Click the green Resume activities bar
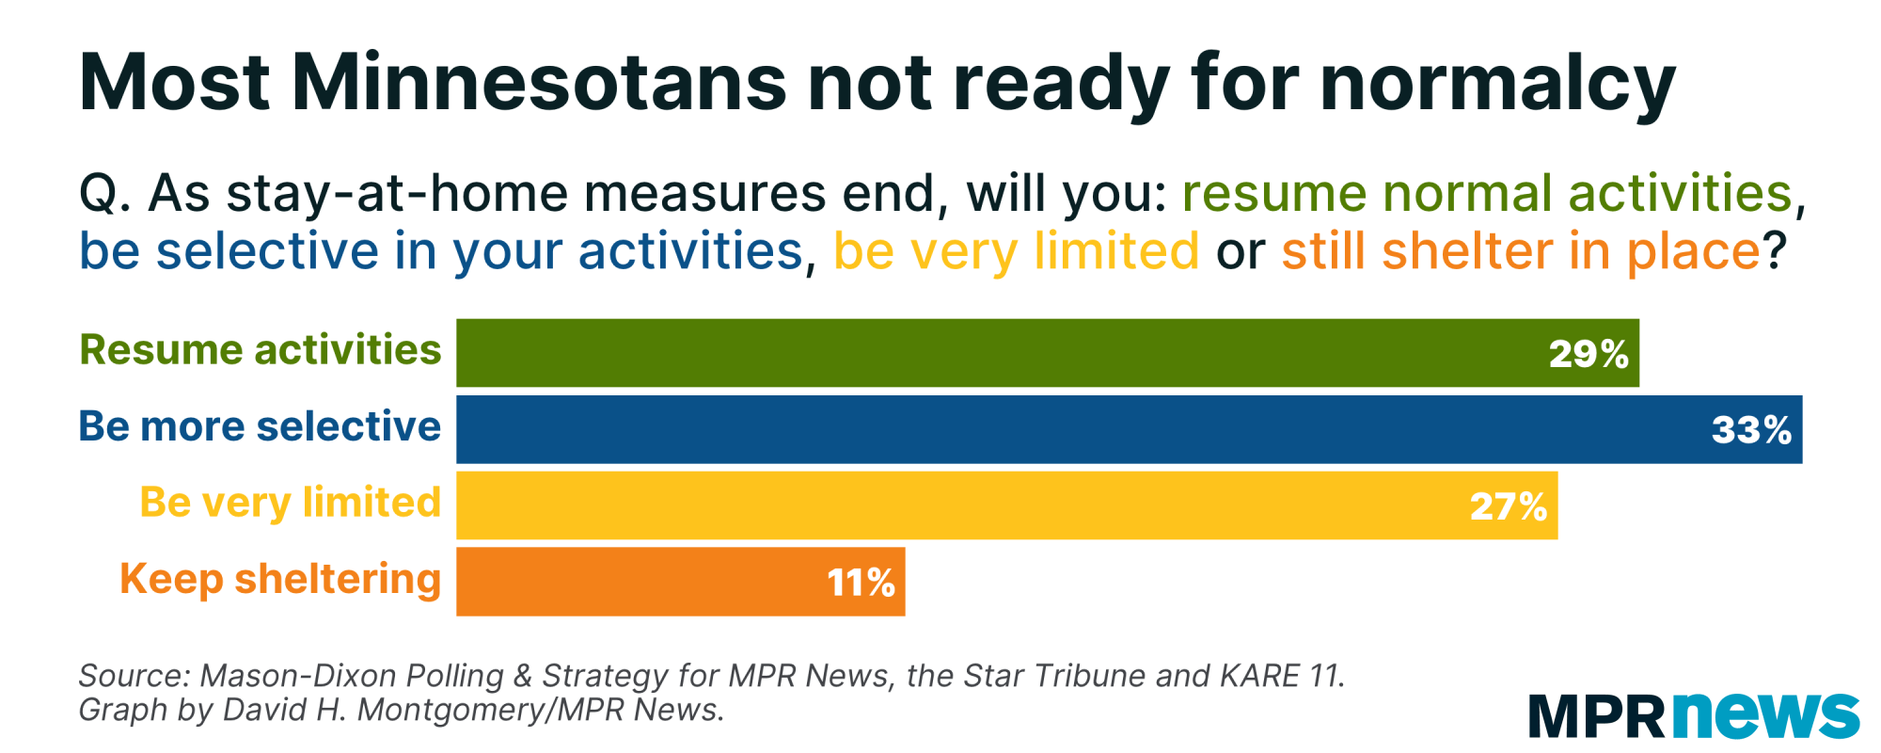click(x=1048, y=353)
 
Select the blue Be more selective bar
click(x=1130, y=429)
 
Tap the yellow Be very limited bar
click(x=1007, y=505)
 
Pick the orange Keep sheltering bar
click(x=681, y=582)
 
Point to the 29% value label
click(x=1589, y=354)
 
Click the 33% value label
click(x=1751, y=430)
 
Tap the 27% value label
click(x=1509, y=506)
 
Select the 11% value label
click(x=861, y=583)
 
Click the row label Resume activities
click(x=261, y=349)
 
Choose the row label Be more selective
click(x=260, y=425)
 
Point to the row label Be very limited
click(x=291, y=503)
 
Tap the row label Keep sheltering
click(x=280, y=579)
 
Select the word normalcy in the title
click(x=1498, y=86)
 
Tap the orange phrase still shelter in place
click(x=1520, y=251)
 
